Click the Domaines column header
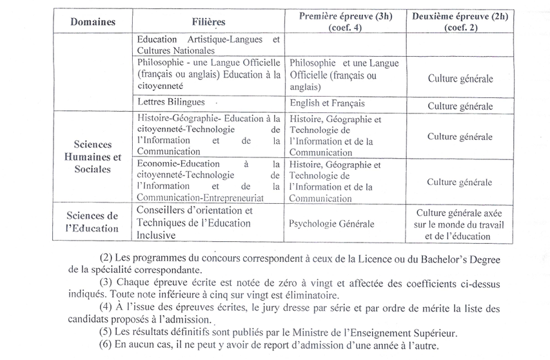(93, 21)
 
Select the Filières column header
(208, 21)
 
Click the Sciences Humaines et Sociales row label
(93, 157)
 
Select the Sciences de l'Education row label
(93, 221)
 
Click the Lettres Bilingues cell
(172, 102)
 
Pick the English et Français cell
(327, 103)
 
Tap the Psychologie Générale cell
(331, 224)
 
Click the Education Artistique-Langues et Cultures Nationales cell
(208, 45)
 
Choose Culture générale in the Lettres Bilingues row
(460, 105)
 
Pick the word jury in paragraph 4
(255, 308)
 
